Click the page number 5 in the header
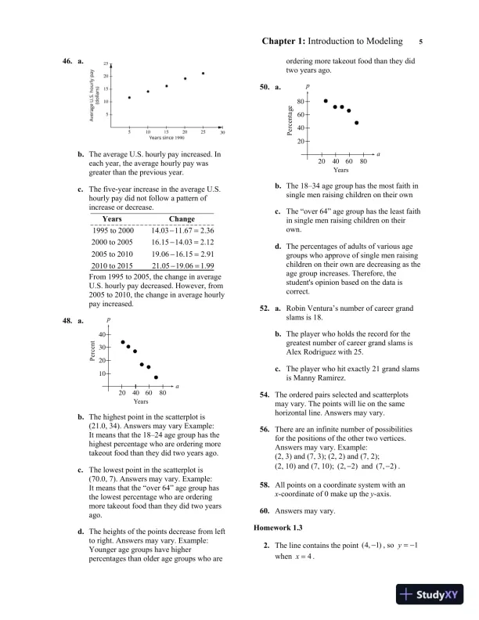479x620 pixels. pyautogui.click(x=421, y=41)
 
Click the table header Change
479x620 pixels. pyautogui.click(x=182, y=219)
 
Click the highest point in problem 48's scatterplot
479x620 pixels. pyautogui.click(x=123, y=343)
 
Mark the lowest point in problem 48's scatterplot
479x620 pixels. pyautogui.click(x=156, y=377)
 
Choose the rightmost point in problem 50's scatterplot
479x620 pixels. pyautogui.click(x=357, y=123)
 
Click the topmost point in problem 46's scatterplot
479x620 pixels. pyautogui.click(x=203, y=74)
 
